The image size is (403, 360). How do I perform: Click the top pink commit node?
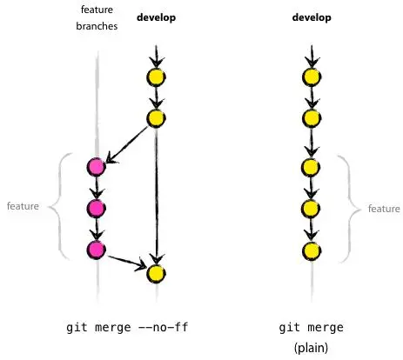pos(96,166)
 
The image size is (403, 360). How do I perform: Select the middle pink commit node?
pos(96,208)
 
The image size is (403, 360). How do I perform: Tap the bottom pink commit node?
pos(96,250)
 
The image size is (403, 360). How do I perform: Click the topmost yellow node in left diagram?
pos(156,77)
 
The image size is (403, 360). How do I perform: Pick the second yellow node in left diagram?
pos(156,118)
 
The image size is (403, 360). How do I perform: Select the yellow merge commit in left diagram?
pos(156,273)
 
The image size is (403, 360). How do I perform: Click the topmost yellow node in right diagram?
pos(310,77)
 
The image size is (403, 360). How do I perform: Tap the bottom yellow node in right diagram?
pos(310,250)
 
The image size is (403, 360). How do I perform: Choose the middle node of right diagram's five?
pos(310,166)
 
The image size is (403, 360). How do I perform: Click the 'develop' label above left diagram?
pos(156,17)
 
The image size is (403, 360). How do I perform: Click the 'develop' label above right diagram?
pos(310,17)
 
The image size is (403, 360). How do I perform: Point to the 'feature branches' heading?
pos(96,18)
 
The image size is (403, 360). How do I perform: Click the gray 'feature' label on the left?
pos(23,207)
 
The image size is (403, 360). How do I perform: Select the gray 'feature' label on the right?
pos(384,209)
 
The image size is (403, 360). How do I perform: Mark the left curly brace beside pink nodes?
pos(56,207)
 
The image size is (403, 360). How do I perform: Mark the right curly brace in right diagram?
pos(347,209)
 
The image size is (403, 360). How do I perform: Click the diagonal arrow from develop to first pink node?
pos(129,141)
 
